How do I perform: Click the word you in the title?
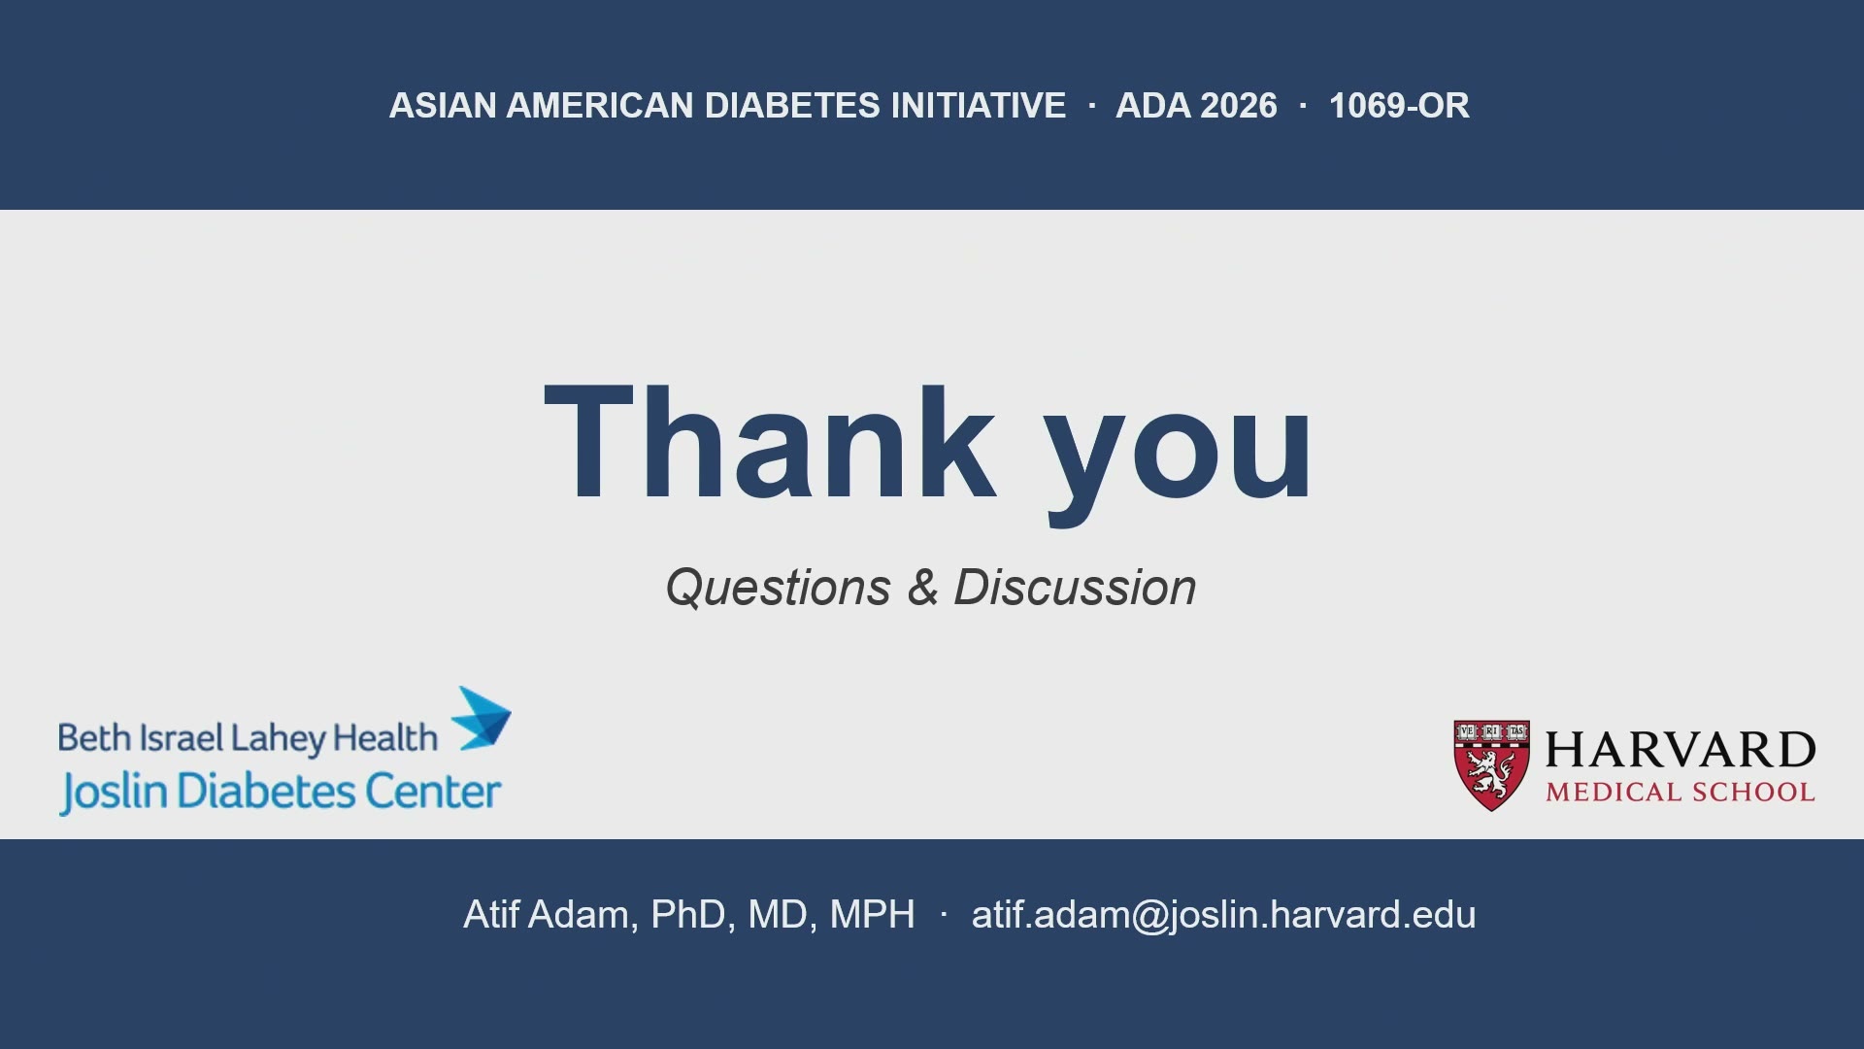(1179, 456)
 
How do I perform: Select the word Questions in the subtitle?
(778, 588)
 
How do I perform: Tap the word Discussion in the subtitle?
(1075, 588)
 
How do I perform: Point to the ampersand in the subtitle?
(922, 587)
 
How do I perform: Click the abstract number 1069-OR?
(1399, 105)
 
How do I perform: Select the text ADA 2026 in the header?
(1196, 105)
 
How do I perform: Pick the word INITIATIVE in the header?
(979, 105)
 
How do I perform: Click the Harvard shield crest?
(1491, 765)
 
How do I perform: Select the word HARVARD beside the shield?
(1681, 750)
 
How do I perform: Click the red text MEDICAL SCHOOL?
(1681, 793)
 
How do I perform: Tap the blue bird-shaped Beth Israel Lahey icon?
(483, 719)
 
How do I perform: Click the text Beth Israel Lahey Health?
(248, 738)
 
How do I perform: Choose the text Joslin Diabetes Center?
(281, 792)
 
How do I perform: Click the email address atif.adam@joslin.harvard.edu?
(1223, 915)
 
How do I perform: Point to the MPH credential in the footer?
(873, 915)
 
